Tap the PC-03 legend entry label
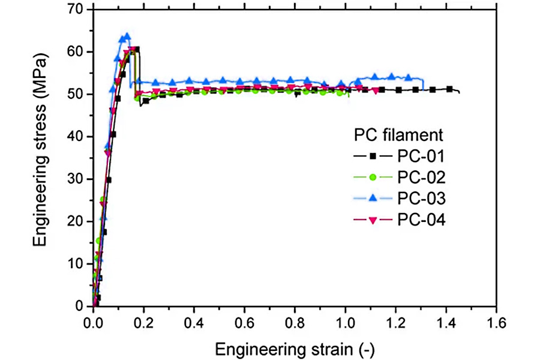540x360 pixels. pyautogui.click(x=421, y=199)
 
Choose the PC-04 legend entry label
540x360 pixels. pyautogui.click(x=421, y=220)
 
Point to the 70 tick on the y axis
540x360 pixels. pyautogui.click(x=79, y=10)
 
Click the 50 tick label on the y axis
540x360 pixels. pyautogui.click(x=79, y=94)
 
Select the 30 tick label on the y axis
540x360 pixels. pyautogui.click(x=79, y=179)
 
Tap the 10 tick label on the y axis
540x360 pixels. pyautogui.click(x=79, y=264)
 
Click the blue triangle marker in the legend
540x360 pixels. pyautogui.click(x=372, y=199)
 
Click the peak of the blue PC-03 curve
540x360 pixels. pyautogui.click(x=127, y=35)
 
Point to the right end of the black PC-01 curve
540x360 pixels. pyautogui.click(x=460, y=92)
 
